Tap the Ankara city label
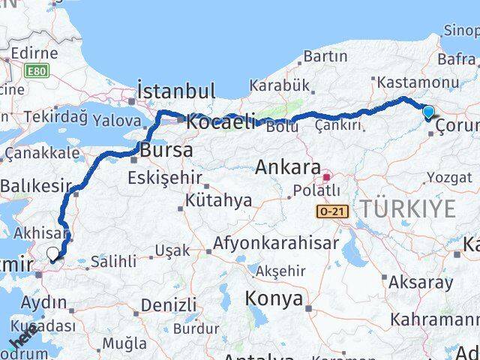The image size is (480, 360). (x=288, y=167)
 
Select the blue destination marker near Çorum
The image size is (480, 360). (x=427, y=113)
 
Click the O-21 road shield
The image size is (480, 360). (x=329, y=212)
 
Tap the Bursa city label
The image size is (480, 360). (x=166, y=150)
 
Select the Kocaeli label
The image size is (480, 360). (x=221, y=120)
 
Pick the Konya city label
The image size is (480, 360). (x=274, y=298)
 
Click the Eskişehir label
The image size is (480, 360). (x=165, y=178)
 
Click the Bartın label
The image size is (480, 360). (x=325, y=57)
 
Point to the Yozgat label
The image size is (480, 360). (x=449, y=177)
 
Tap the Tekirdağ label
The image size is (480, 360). (x=55, y=116)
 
